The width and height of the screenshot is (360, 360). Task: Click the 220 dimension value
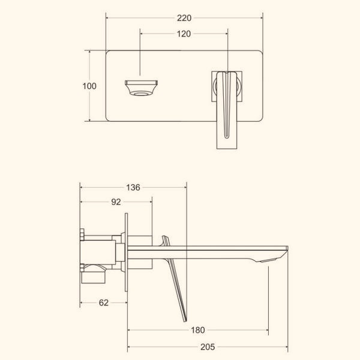[x=184, y=18]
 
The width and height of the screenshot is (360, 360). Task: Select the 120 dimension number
[x=184, y=34]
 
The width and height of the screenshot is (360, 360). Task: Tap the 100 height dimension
[x=89, y=86]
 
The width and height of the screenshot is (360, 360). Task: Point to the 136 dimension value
[x=133, y=188]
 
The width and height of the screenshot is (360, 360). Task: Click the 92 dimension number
[x=116, y=202]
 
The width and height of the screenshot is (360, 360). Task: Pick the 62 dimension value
[x=104, y=303]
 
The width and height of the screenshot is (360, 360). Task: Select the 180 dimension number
[x=197, y=330]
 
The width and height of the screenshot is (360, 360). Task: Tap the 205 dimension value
[x=208, y=347]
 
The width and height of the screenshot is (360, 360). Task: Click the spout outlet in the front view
[x=141, y=88]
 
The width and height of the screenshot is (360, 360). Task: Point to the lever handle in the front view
[x=227, y=110]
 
